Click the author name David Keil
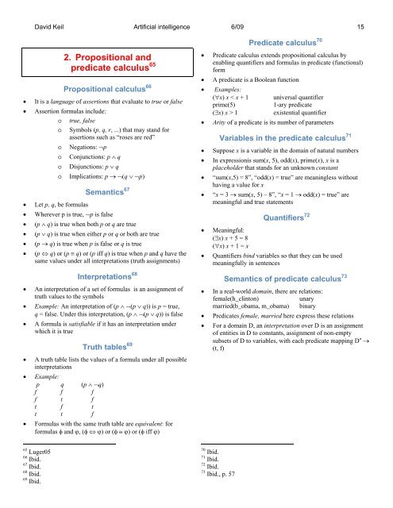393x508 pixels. click(x=35, y=6)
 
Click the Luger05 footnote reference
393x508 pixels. click(x=33, y=472)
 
